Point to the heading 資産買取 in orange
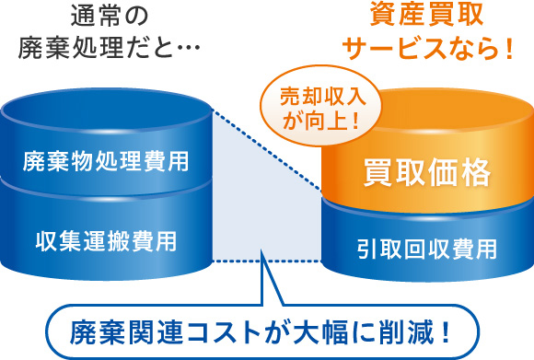pyautogui.click(x=427, y=16)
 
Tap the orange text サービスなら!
pyautogui.click(x=427, y=49)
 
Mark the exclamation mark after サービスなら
pyautogui.click(x=506, y=49)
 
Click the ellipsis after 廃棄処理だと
pyautogui.click(x=186, y=49)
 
